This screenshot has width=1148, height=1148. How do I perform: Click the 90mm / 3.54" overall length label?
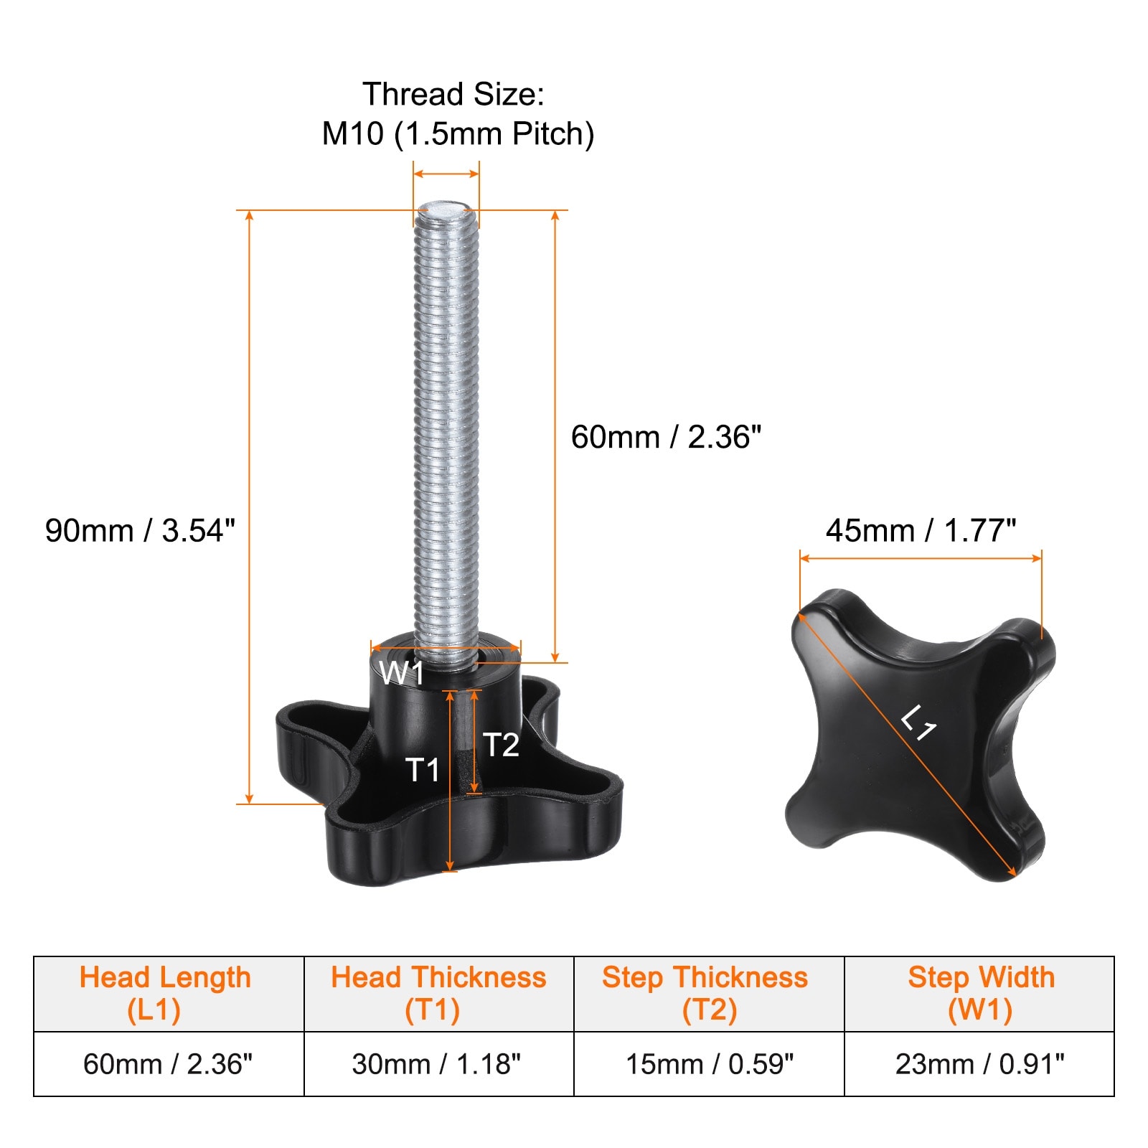click(x=140, y=531)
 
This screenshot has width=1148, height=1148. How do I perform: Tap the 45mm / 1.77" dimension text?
click(x=921, y=531)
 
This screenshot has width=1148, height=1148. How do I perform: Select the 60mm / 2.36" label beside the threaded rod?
click(x=666, y=437)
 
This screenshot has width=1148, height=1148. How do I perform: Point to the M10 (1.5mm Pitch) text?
click(x=458, y=134)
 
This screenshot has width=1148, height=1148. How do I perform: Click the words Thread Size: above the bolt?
click(x=453, y=94)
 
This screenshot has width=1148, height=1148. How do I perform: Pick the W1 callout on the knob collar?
click(x=402, y=673)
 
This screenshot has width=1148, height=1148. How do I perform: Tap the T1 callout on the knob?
click(x=423, y=770)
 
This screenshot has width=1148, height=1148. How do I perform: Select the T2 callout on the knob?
click(x=501, y=745)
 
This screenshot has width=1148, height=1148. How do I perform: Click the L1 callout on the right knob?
click(x=918, y=723)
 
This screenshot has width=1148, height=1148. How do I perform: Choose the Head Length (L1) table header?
click(x=165, y=994)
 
